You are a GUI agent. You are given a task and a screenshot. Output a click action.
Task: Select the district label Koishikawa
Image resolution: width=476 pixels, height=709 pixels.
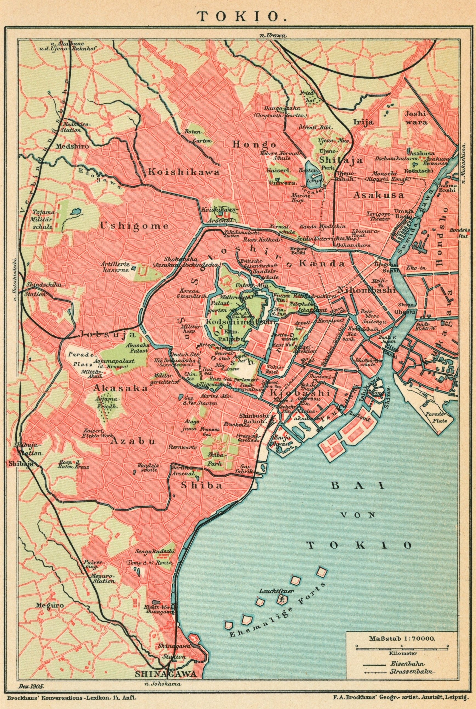(184, 172)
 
